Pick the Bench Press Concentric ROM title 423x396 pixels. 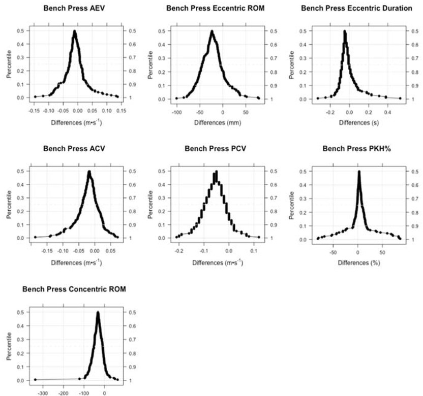[74, 289]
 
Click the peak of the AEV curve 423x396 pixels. [75, 31]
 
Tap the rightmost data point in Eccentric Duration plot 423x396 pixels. [400, 98]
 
